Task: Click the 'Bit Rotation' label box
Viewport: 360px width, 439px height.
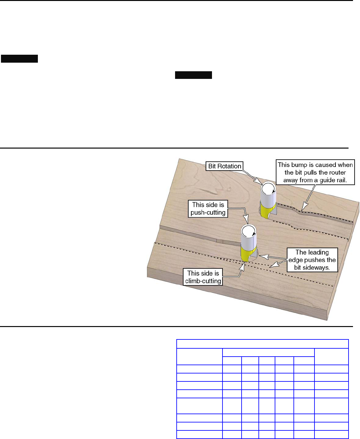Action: coord(224,166)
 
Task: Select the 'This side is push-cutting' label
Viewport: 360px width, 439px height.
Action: coord(208,209)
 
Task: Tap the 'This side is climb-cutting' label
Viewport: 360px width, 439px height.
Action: coord(203,277)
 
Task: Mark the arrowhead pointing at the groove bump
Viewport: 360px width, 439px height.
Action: coord(304,207)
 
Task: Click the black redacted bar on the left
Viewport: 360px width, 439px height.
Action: coord(19,59)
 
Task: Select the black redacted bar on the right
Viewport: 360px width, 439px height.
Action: coord(193,75)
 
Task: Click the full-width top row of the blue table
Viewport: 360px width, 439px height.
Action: coord(263,344)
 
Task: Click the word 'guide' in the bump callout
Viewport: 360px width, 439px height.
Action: coord(327,180)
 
